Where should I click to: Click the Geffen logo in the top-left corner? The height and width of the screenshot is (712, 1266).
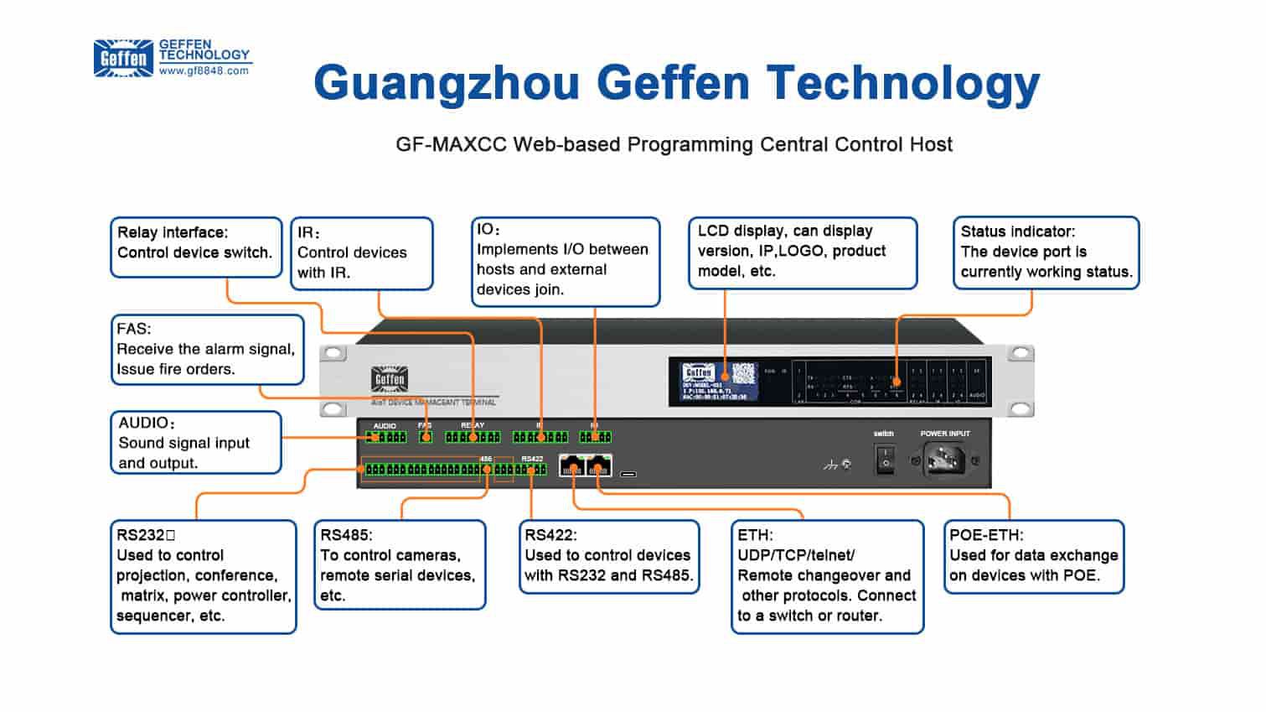click(x=123, y=58)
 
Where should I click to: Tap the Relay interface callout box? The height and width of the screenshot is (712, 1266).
click(x=195, y=247)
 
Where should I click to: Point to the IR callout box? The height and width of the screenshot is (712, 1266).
click(x=361, y=253)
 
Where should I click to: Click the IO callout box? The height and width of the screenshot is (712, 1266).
click(x=565, y=261)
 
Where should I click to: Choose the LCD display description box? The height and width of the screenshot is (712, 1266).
click(x=802, y=252)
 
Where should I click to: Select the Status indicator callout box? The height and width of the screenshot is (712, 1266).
click(x=1046, y=252)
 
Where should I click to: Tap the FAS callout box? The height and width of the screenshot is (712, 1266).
click(x=207, y=349)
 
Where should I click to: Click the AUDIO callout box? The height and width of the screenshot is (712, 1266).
click(x=195, y=443)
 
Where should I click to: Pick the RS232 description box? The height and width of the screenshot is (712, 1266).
click(x=203, y=576)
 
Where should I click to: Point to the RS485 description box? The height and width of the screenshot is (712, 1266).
click(x=400, y=564)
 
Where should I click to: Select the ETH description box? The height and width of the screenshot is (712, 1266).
click(x=827, y=576)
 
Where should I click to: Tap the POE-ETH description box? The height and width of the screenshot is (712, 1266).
click(x=1033, y=556)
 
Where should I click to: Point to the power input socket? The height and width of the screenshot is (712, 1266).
click(x=944, y=460)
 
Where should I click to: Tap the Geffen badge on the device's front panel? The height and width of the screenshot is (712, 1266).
click(x=389, y=380)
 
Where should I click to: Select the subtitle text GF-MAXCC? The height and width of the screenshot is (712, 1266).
click(x=451, y=145)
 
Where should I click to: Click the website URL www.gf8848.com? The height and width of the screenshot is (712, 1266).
click(x=204, y=71)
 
